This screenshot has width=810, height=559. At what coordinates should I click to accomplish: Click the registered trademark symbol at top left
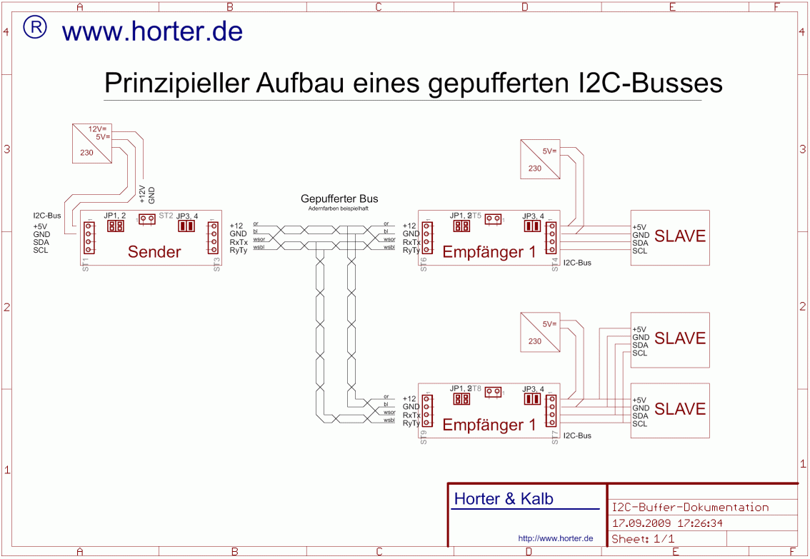tap(35, 27)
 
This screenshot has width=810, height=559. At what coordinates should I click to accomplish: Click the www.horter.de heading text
tap(152, 31)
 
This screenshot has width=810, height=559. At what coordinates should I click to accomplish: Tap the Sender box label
tap(154, 251)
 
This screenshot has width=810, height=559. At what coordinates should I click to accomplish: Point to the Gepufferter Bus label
tap(339, 198)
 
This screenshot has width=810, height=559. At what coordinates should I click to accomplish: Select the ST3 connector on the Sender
tap(213, 237)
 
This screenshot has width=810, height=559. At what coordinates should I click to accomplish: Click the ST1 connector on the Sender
tap(89, 238)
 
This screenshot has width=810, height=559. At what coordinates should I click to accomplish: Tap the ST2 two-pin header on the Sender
tap(147, 218)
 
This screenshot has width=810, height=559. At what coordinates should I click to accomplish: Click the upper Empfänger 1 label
tap(489, 252)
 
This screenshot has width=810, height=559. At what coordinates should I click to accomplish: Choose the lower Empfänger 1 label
tap(489, 425)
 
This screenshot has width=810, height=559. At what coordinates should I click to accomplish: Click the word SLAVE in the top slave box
tap(679, 236)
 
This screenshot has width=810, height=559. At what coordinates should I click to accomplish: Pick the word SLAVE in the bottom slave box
tap(679, 409)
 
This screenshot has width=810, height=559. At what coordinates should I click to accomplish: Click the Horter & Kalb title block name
tap(504, 499)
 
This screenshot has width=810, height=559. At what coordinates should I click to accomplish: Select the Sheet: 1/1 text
tap(643, 539)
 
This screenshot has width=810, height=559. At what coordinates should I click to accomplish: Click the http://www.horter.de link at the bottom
tap(556, 538)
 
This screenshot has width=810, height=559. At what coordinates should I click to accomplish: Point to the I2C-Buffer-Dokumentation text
tap(690, 508)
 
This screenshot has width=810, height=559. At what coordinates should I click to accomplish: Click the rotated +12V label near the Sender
tap(141, 194)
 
